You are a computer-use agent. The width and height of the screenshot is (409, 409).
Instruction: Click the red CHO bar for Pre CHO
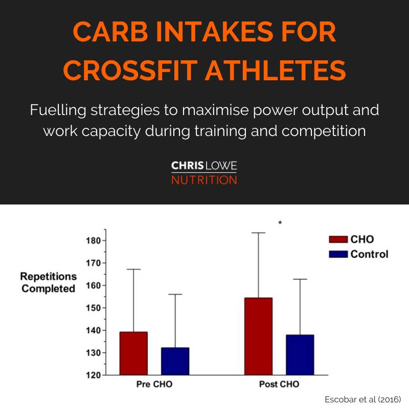pyautogui.click(x=133, y=353)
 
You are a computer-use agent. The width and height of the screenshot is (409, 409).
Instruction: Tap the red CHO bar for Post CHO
pyautogui.click(x=258, y=336)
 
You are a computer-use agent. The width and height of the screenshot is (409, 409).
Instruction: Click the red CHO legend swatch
pyautogui.click(x=338, y=239)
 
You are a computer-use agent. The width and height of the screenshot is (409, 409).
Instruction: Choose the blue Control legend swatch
pyautogui.click(x=338, y=254)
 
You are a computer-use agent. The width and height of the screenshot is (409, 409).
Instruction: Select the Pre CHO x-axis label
pyautogui.click(x=154, y=384)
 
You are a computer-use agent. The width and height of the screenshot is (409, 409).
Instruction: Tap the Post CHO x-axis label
pyautogui.click(x=279, y=384)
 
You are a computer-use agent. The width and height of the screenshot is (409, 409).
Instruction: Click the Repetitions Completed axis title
pyautogui.click(x=49, y=282)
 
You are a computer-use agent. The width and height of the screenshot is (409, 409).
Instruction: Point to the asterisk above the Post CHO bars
pyautogui.click(x=280, y=223)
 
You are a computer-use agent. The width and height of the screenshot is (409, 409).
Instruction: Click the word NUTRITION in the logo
pyautogui.click(x=204, y=180)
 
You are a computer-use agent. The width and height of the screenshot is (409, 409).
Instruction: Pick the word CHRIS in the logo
pyautogui.click(x=186, y=167)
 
